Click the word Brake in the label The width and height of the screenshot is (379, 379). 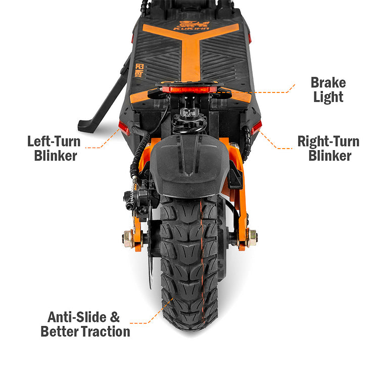click(x=328, y=82)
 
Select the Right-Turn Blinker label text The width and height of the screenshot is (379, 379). click(x=328, y=148)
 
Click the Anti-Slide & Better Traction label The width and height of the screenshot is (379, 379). click(x=85, y=324)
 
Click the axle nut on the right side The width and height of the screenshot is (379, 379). click(x=251, y=236)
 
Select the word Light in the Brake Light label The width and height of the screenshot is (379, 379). click(x=328, y=97)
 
